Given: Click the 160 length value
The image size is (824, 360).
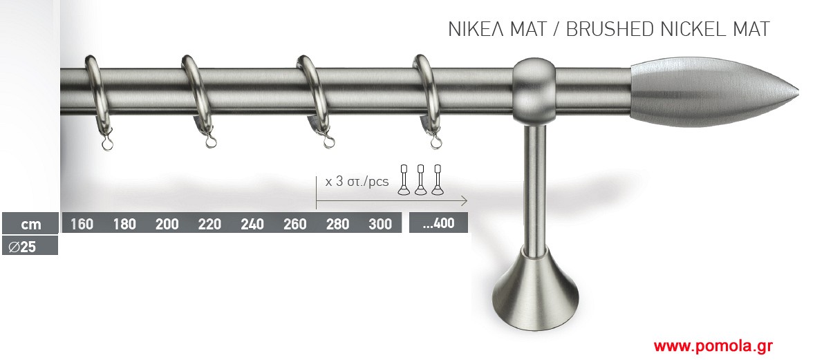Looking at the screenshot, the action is click(x=82, y=225).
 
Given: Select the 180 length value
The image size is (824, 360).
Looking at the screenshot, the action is click(x=124, y=225).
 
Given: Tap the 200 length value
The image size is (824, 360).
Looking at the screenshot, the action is click(x=167, y=225).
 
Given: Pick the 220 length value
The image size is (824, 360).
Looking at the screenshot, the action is click(x=209, y=225).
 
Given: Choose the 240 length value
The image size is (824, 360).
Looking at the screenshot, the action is click(x=252, y=225).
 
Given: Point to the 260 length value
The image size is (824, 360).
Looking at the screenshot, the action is click(x=294, y=225).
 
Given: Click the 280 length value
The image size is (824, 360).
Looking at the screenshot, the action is click(x=337, y=225).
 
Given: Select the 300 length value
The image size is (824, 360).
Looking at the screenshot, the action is click(x=380, y=225).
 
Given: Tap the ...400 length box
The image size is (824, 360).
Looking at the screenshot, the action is click(x=438, y=222).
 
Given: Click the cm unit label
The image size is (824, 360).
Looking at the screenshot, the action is click(x=30, y=225).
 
